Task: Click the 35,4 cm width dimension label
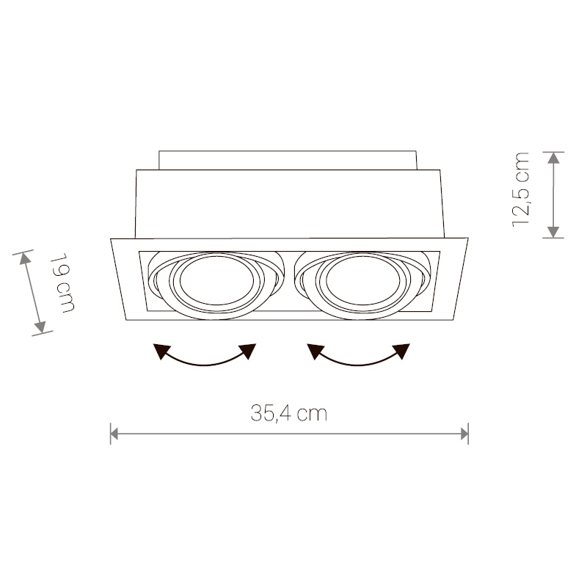pyautogui.click(x=288, y=413)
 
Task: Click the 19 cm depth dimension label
pyautogui.click(x=62, y=283)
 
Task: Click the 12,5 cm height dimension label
pyautogui.click(x=520, y=190)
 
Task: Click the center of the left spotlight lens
pyautogui.click(x=216, y=280)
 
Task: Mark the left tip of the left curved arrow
pyautogui.click(x=154, y=345)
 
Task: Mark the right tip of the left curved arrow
pyautogui.click(x=255, y=344)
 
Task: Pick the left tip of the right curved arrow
pyautogui.click(x=307, y=345)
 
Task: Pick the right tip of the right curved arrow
pyautogui.click(x=409, y=344)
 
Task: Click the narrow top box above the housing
pyautogui.click(x=288, y=160)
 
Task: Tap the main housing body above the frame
pyautogui.click(x=289, y=204)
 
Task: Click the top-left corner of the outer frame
pyautogui.click(x=111, y=238)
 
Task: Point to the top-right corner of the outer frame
pyautogui.click(x=468, y=238)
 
